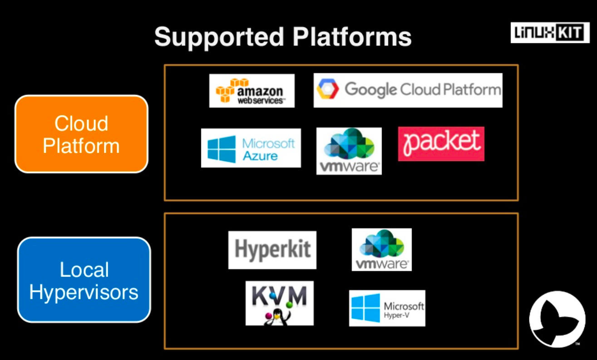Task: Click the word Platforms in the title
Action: (352, 37)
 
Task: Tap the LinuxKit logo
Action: (550, 32)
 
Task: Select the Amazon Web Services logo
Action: (252, 91)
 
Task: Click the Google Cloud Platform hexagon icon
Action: (328, 89)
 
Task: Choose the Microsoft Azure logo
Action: (251, 148)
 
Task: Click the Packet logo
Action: (441, 143)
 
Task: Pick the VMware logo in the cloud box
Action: (349, 151)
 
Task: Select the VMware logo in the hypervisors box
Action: (381, 249)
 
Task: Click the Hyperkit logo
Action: (272, 250)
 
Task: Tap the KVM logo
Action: (279, 303)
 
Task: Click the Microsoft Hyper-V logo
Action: (387, 308)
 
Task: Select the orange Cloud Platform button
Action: (81, 134)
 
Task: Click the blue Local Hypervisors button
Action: (84, 280)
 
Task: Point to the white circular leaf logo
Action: (557, 319)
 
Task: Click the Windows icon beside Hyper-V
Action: (365, 308)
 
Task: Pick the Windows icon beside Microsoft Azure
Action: (222, 148)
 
